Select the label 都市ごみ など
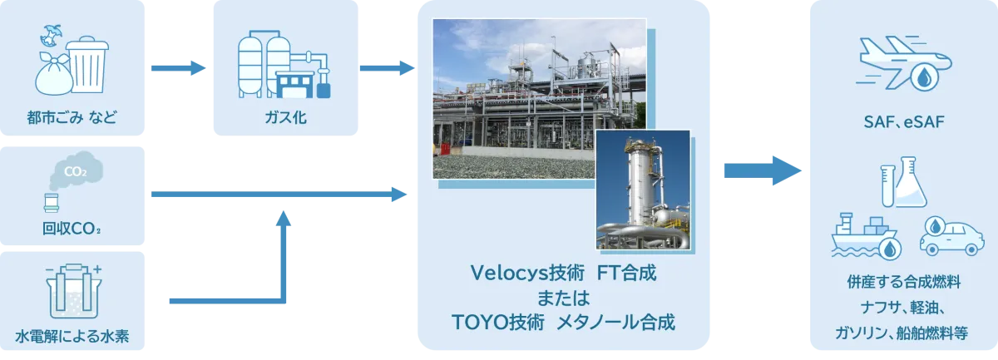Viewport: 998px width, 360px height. point(72,117)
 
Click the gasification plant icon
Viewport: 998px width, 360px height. point(284,64)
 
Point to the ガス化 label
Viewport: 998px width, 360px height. point(285,117)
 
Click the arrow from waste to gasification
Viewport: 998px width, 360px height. point(178,68)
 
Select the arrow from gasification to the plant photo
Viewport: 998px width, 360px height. point(388,68)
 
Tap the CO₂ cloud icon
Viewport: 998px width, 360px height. point(76,170)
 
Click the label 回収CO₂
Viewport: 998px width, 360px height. point(72,229)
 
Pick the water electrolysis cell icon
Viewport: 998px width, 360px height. point(74,291)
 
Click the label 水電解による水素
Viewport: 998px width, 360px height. point(72,336)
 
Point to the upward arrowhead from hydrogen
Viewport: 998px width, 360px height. point(284,219)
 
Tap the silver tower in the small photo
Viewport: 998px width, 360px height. point(642,187)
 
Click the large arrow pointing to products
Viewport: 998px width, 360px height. point(763,170)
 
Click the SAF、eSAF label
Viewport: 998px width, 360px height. point(904,122)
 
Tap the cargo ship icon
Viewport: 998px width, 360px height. point(865,237)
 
